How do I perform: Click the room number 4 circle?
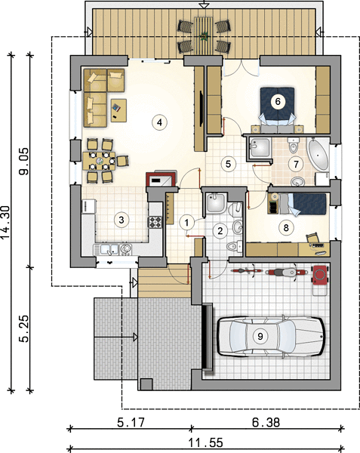(159, 122)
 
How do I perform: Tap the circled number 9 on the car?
(260, 336)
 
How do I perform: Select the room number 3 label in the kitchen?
(122, 220)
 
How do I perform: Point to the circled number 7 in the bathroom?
(296, 164)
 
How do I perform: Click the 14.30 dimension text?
(6, 223)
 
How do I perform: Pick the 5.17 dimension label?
(131, 423)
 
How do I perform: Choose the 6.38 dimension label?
(266, 423)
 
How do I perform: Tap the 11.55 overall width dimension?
(206, 442)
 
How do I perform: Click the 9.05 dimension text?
(24, 162)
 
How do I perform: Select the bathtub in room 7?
(318, 156)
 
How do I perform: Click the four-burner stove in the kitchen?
(155, 222)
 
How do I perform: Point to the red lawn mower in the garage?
(320, 278)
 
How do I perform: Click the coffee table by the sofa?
(118, 110)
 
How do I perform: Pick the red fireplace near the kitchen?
(161, 179)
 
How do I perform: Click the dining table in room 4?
(99, 161)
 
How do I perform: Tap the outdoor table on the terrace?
(204, 35)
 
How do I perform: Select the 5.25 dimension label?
(24, 328)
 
